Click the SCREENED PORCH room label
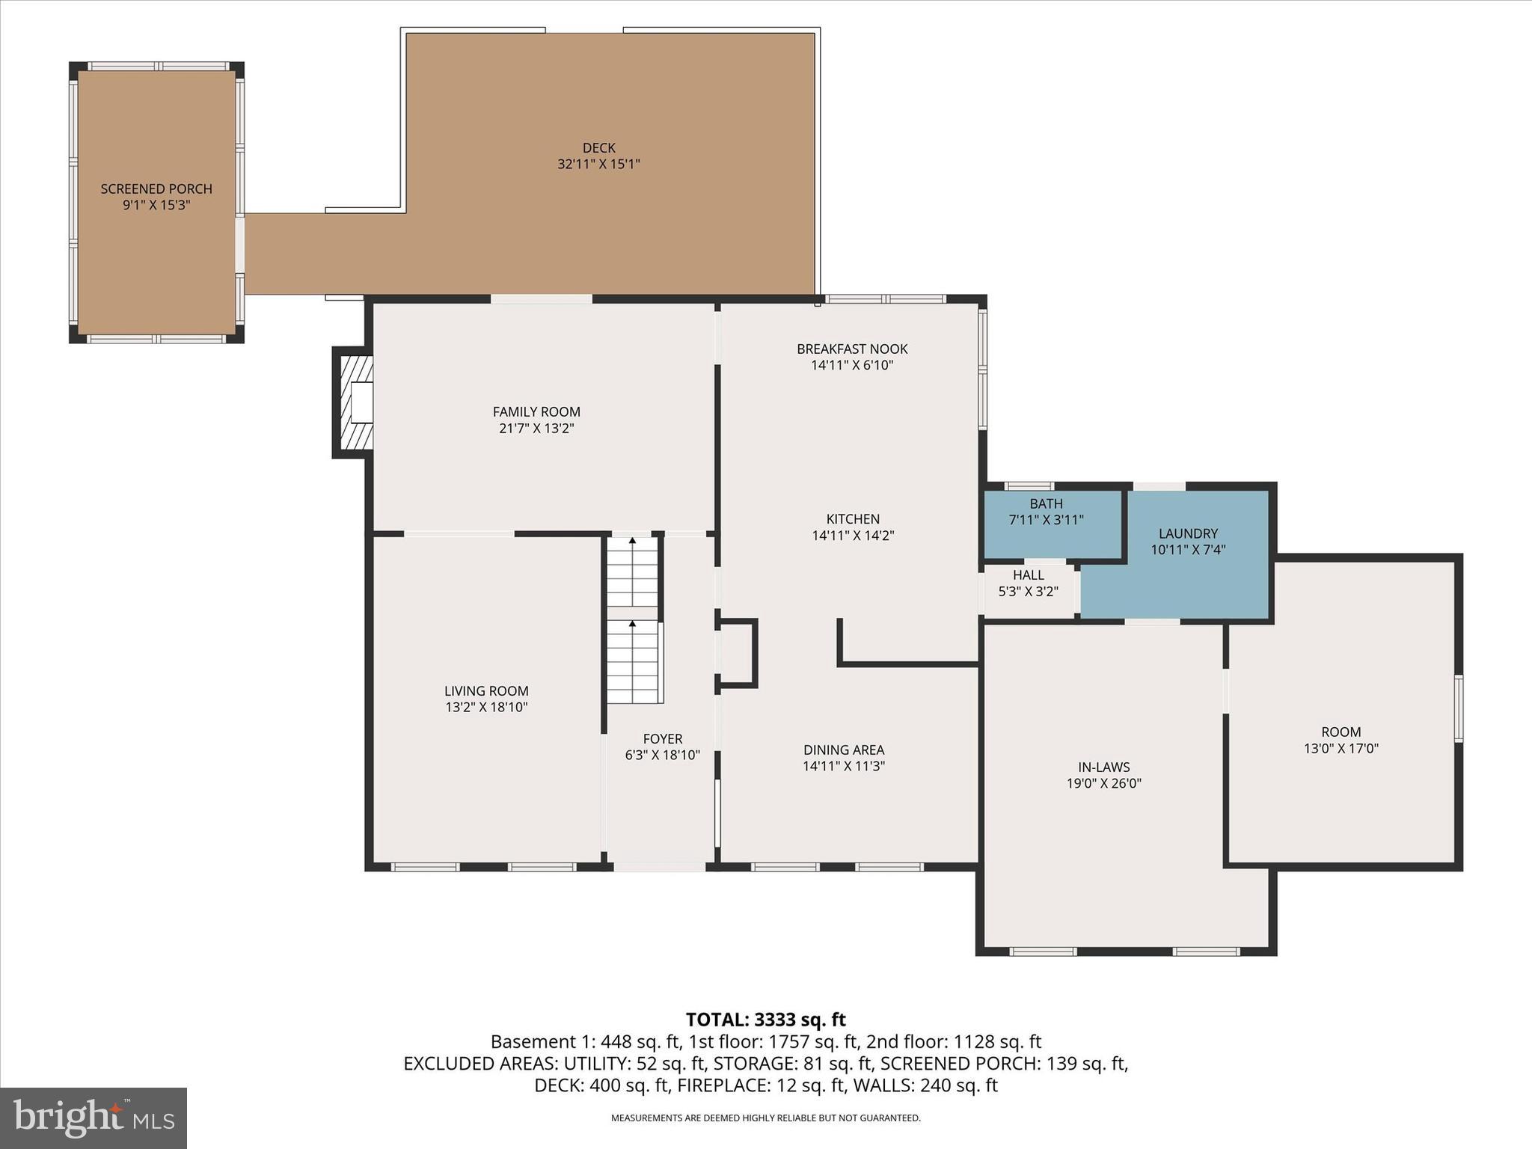156,189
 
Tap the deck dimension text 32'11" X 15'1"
598,165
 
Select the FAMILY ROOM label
536,411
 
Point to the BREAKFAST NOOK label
852,349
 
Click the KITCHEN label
853,519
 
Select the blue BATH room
1051,524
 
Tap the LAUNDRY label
1188,534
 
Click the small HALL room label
1028,575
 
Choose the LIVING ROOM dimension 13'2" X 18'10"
486,708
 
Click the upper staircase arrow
633,540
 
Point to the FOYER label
662,739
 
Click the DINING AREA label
844,750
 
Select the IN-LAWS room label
1103,767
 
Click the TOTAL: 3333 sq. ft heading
765,1020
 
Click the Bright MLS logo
94,1118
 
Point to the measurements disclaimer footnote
765,1118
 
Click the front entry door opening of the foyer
659,867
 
